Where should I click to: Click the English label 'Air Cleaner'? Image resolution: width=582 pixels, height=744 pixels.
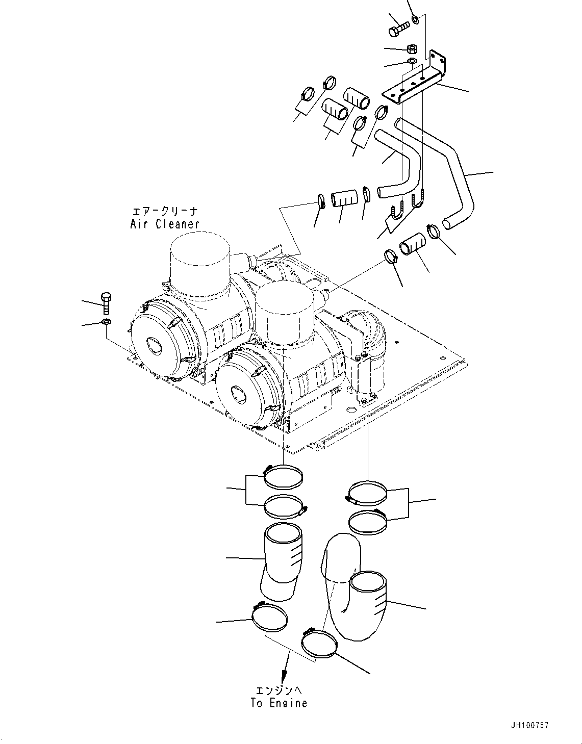pyautogui.click(x=164, y=223)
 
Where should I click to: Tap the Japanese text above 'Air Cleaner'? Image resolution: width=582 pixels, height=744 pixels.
pyautogui.click(x=164, y=211)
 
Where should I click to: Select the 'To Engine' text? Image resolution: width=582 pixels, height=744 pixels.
pyautogui.click(x=279, y=703)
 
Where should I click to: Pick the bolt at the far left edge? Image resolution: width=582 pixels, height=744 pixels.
pyautogui.click(x=106, y=303)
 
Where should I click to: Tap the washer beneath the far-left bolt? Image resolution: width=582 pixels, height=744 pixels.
pyautogui.click(x=106, y=322)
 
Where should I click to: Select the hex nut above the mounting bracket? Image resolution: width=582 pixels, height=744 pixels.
pyautogui.click(x=413, y=49)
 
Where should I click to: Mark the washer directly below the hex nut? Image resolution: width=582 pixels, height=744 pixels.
pyautogui.click(x=412, y=62)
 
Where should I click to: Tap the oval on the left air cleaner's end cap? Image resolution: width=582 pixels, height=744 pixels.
pyautogui.click(x=154, y=346)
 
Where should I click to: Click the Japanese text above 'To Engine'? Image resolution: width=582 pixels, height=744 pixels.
pyautogui.click(x=279, y=690)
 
